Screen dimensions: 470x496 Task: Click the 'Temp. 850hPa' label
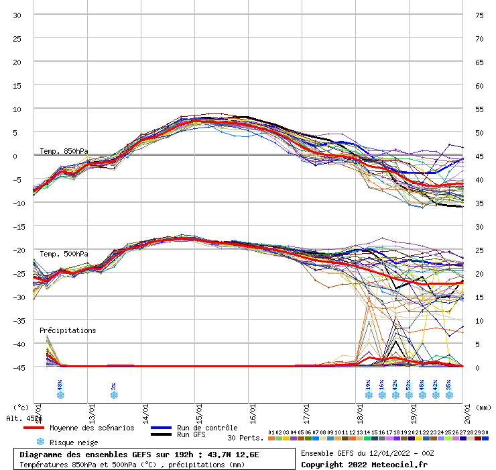pyautogui.click(x=64, y=151)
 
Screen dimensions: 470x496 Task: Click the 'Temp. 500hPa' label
pyautogui.click(x=64, y=254)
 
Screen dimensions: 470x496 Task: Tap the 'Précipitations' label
pyautogui.click(x=68, y=330)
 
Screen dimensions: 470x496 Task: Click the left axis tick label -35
pyautogui.click(x=19, y=320)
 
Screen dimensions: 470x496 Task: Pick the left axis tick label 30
pyautogui.click(x=17, y=15)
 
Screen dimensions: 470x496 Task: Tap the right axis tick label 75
pyautogui.click(x=479, y=15)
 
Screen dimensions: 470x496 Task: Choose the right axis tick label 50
pyautogui.click(x=479, y=132)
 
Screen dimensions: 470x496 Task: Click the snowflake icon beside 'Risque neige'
pyautogui.click(x=40, y=442)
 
